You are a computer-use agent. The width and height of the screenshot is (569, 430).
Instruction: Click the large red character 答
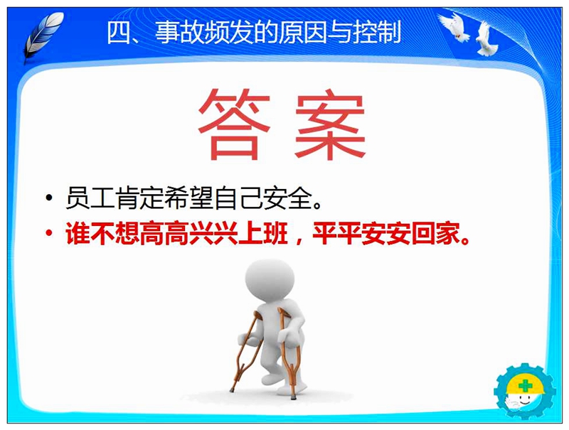coord(234,124)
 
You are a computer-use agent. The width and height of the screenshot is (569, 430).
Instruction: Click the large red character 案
coord(330,124)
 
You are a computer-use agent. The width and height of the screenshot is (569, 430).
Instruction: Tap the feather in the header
coord(43,37)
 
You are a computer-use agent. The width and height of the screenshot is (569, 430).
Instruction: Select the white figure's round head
coord(270,280)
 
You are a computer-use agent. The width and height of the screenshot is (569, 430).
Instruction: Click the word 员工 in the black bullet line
coord(90,198)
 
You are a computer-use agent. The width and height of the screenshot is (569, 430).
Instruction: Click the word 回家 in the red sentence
coord(436,232)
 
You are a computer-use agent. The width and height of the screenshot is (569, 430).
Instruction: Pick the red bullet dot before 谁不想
coord(49,232)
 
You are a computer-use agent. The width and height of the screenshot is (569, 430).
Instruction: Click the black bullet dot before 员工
coord(49,198)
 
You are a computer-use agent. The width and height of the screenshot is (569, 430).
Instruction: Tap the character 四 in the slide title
coord(119,33)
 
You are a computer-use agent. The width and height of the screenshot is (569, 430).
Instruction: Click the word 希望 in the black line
coord(189,198)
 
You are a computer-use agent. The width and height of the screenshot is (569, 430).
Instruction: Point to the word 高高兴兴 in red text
coord(189,232)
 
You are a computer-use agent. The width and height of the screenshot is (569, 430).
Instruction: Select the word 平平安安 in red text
coord(361,232)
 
